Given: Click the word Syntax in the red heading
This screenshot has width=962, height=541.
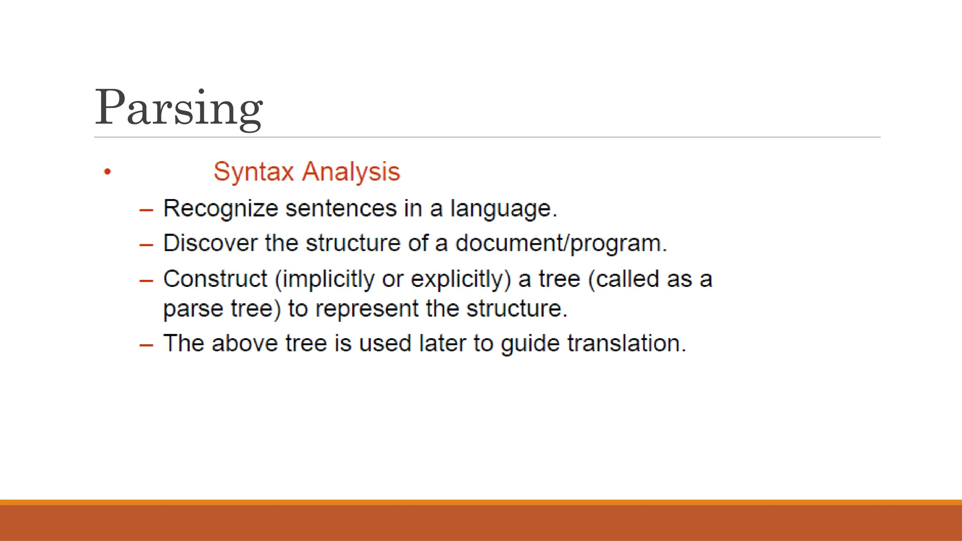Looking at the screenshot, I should click(x=254, y=172).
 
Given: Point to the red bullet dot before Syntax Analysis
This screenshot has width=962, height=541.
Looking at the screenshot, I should click(x=108, y=172).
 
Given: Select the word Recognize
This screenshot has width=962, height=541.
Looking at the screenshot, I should click(x=220, y=209).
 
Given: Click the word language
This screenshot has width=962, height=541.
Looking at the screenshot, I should click(x=503, y=209).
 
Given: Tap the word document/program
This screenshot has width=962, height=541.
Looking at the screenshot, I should click(x=561, y=243).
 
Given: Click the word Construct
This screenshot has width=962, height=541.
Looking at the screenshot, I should click(x=215, y=279).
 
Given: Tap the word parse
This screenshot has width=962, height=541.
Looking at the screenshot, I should click(x=193, y=309).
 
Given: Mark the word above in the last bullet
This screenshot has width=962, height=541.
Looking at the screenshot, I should click(x=245, y=343).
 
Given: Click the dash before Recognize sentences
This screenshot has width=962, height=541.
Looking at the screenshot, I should click(x=146, y=210).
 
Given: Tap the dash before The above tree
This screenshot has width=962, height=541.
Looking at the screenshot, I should click(x=146, y=345).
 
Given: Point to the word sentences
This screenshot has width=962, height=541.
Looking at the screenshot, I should click(x=341, y=209).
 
